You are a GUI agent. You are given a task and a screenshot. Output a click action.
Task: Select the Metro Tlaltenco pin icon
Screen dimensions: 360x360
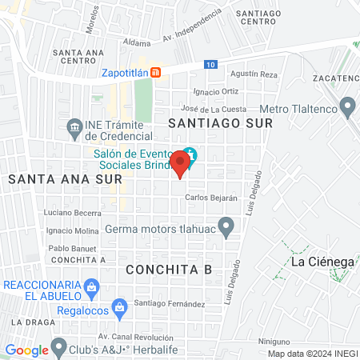(x=347, y=106)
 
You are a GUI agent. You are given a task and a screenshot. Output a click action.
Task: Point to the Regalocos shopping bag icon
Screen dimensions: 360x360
(x=119, y=306)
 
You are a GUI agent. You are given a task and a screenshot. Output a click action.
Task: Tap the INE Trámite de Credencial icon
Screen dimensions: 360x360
(x=74, y=126)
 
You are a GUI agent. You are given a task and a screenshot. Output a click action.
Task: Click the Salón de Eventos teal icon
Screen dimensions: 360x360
(x=190, y=154)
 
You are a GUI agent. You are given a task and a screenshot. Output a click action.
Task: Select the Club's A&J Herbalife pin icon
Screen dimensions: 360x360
(x=58, y=348)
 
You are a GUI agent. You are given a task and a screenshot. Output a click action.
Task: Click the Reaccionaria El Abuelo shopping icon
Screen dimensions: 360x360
(x=93, y=286)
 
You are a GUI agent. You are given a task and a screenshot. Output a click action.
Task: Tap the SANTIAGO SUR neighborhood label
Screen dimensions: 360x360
(x=220, y=123)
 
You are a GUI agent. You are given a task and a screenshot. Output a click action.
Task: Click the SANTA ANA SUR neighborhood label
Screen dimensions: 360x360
(x=54, y=180)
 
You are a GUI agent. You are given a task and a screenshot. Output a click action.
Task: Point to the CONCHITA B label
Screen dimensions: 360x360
(x=169, y=269)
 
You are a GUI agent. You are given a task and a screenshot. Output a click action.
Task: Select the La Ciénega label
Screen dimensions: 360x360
(x=322, y=262)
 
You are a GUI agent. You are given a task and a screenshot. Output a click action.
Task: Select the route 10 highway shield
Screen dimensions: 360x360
(x=210, y=63)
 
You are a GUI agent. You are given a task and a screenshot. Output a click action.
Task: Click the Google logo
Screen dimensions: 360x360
(x=26, y=350)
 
